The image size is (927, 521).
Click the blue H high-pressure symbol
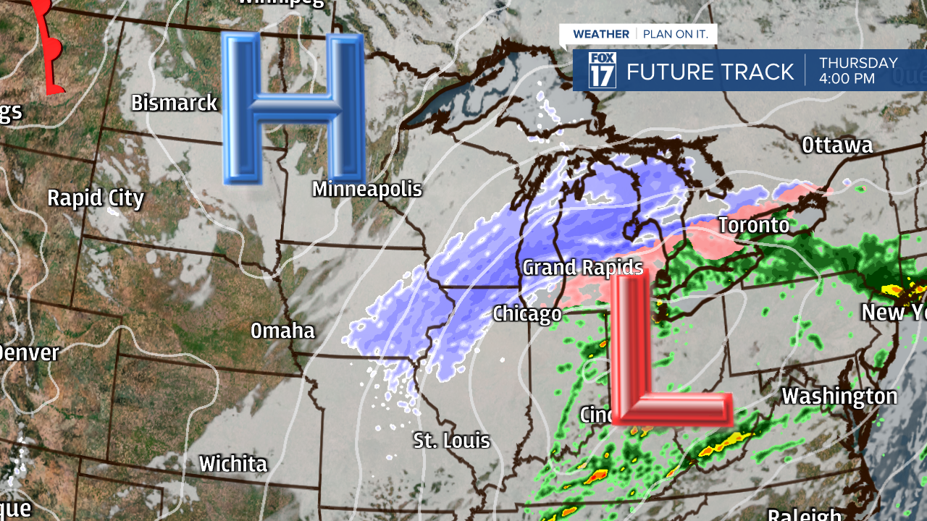click(293, 109)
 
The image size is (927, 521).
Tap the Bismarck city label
click(174, 103)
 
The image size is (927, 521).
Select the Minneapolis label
click(366, 190)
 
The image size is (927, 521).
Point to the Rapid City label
click(96, 198)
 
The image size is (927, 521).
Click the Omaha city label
click(282, 331)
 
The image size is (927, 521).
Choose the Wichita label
click(233, 464)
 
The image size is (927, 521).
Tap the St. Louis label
click(451, 440)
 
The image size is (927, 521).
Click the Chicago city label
click(527, 313)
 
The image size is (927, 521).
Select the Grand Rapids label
click(582, 268)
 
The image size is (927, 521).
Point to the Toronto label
click(753, 225)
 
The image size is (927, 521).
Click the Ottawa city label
click(836, 145)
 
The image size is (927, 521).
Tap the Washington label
click(839, 397)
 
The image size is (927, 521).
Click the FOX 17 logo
click(602, 70)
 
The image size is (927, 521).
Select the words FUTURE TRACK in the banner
click(710, 72)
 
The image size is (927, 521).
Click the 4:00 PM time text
click(847, 79)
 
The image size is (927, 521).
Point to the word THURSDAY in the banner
click(858, 63)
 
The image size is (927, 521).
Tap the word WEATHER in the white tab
click(600, 34)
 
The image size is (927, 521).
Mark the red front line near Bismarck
click(48, 51)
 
